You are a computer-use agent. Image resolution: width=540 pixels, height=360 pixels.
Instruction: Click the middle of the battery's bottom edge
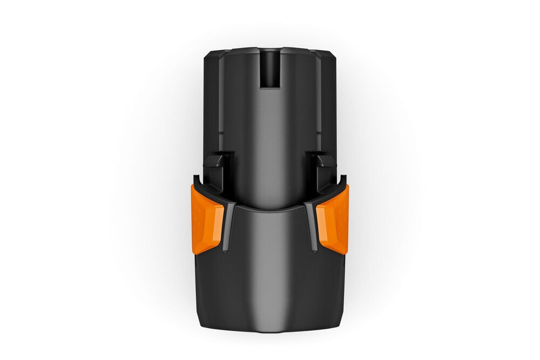270,330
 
